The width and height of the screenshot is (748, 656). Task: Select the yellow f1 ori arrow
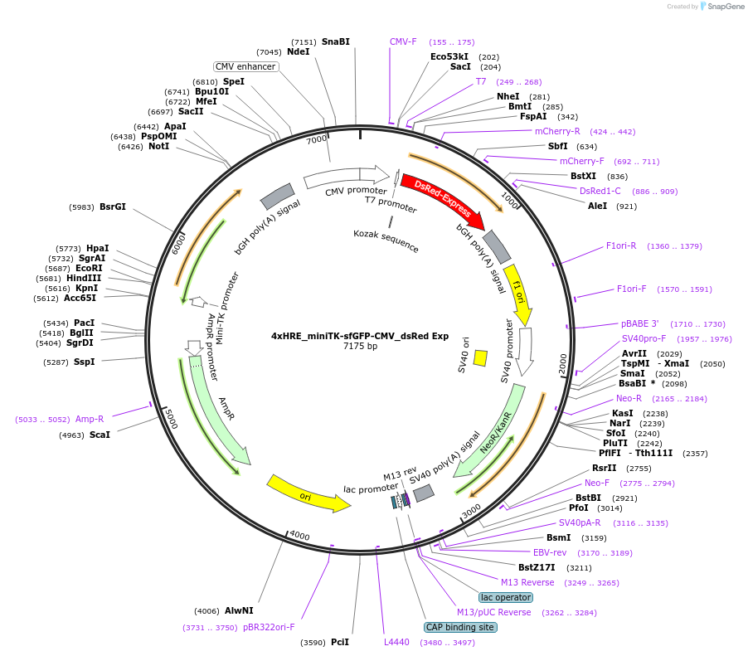(517, 295)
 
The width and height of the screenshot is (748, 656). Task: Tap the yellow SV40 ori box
(480, 357)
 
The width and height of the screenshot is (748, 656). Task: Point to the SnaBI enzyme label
(336, 41)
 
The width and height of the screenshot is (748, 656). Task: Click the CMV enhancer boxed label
(245, 66)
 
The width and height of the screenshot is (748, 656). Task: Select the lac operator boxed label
(506, 597)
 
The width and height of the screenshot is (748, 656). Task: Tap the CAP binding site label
(460, 627)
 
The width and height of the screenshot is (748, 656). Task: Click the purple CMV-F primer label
(403, 41)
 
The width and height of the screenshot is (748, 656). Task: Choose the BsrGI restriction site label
(113, 207)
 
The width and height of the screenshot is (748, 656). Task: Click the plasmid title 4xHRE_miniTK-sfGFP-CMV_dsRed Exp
(360, 336)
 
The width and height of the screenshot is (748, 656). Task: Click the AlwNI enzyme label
(239, 610)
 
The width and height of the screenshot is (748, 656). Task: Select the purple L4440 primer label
(396, 642)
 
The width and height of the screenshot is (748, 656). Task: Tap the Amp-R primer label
(90, 420)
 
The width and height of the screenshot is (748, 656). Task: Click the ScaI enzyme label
(100, 435)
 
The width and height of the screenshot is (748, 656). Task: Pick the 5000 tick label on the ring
(171, 418)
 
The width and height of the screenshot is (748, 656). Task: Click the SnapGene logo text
(722, 7)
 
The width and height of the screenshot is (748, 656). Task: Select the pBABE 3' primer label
(639, 323)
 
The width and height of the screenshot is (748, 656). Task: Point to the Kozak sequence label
(386, 241)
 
